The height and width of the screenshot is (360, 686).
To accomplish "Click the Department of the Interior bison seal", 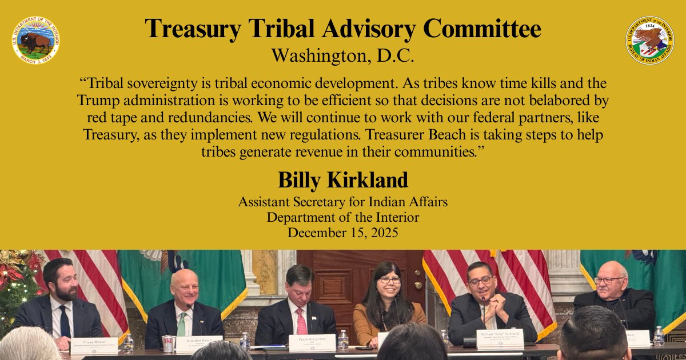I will pos(35,40).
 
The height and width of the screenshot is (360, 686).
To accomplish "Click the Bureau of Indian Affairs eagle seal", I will pos(649,40).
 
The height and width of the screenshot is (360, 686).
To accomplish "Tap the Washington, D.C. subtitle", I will pos(342,56).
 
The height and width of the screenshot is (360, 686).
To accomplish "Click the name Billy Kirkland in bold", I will pos(342,180).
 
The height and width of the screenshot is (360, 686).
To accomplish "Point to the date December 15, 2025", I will pos(342,233).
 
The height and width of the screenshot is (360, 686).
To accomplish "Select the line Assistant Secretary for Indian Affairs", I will pos(342,202).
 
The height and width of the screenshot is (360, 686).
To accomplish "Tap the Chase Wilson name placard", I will pos(94,345).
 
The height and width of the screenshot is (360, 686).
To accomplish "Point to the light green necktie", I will pos(181,324).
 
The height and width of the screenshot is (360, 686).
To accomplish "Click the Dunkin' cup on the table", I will pos(168,343).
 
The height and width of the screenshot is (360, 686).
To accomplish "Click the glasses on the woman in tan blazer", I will pos(390,280).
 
